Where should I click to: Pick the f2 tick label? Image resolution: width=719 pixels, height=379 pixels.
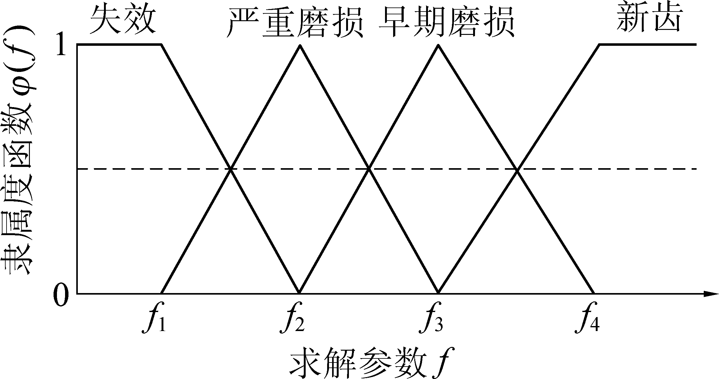click(x=293, y=321)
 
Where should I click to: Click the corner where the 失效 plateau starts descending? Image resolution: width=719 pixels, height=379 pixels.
click(x=161, y=45)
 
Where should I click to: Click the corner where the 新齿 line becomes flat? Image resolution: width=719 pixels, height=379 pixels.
click(x=600, y=45)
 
